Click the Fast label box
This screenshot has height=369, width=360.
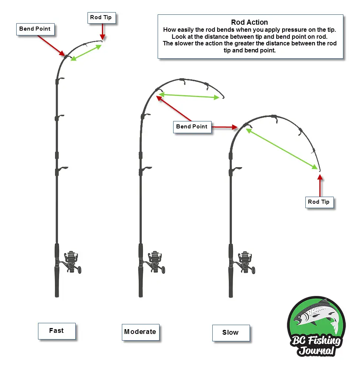[x=56, y=331]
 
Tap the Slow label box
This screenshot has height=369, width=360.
[x=230, y=332]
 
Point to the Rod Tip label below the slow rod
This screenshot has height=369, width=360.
[x=319, y=202]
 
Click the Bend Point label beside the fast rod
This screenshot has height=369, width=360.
[x=35, y=29]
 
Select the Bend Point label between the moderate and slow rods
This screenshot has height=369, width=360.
[x=192, y=127]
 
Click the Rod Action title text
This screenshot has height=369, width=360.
[x=249, y=23]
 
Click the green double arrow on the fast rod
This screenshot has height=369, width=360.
[x=86, y=52]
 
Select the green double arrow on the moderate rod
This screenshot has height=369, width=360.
[x=189, y=96]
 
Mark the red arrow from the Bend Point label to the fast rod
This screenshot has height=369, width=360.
[x=51, y=46]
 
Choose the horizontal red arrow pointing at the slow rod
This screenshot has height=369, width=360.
[x=224, y=127]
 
